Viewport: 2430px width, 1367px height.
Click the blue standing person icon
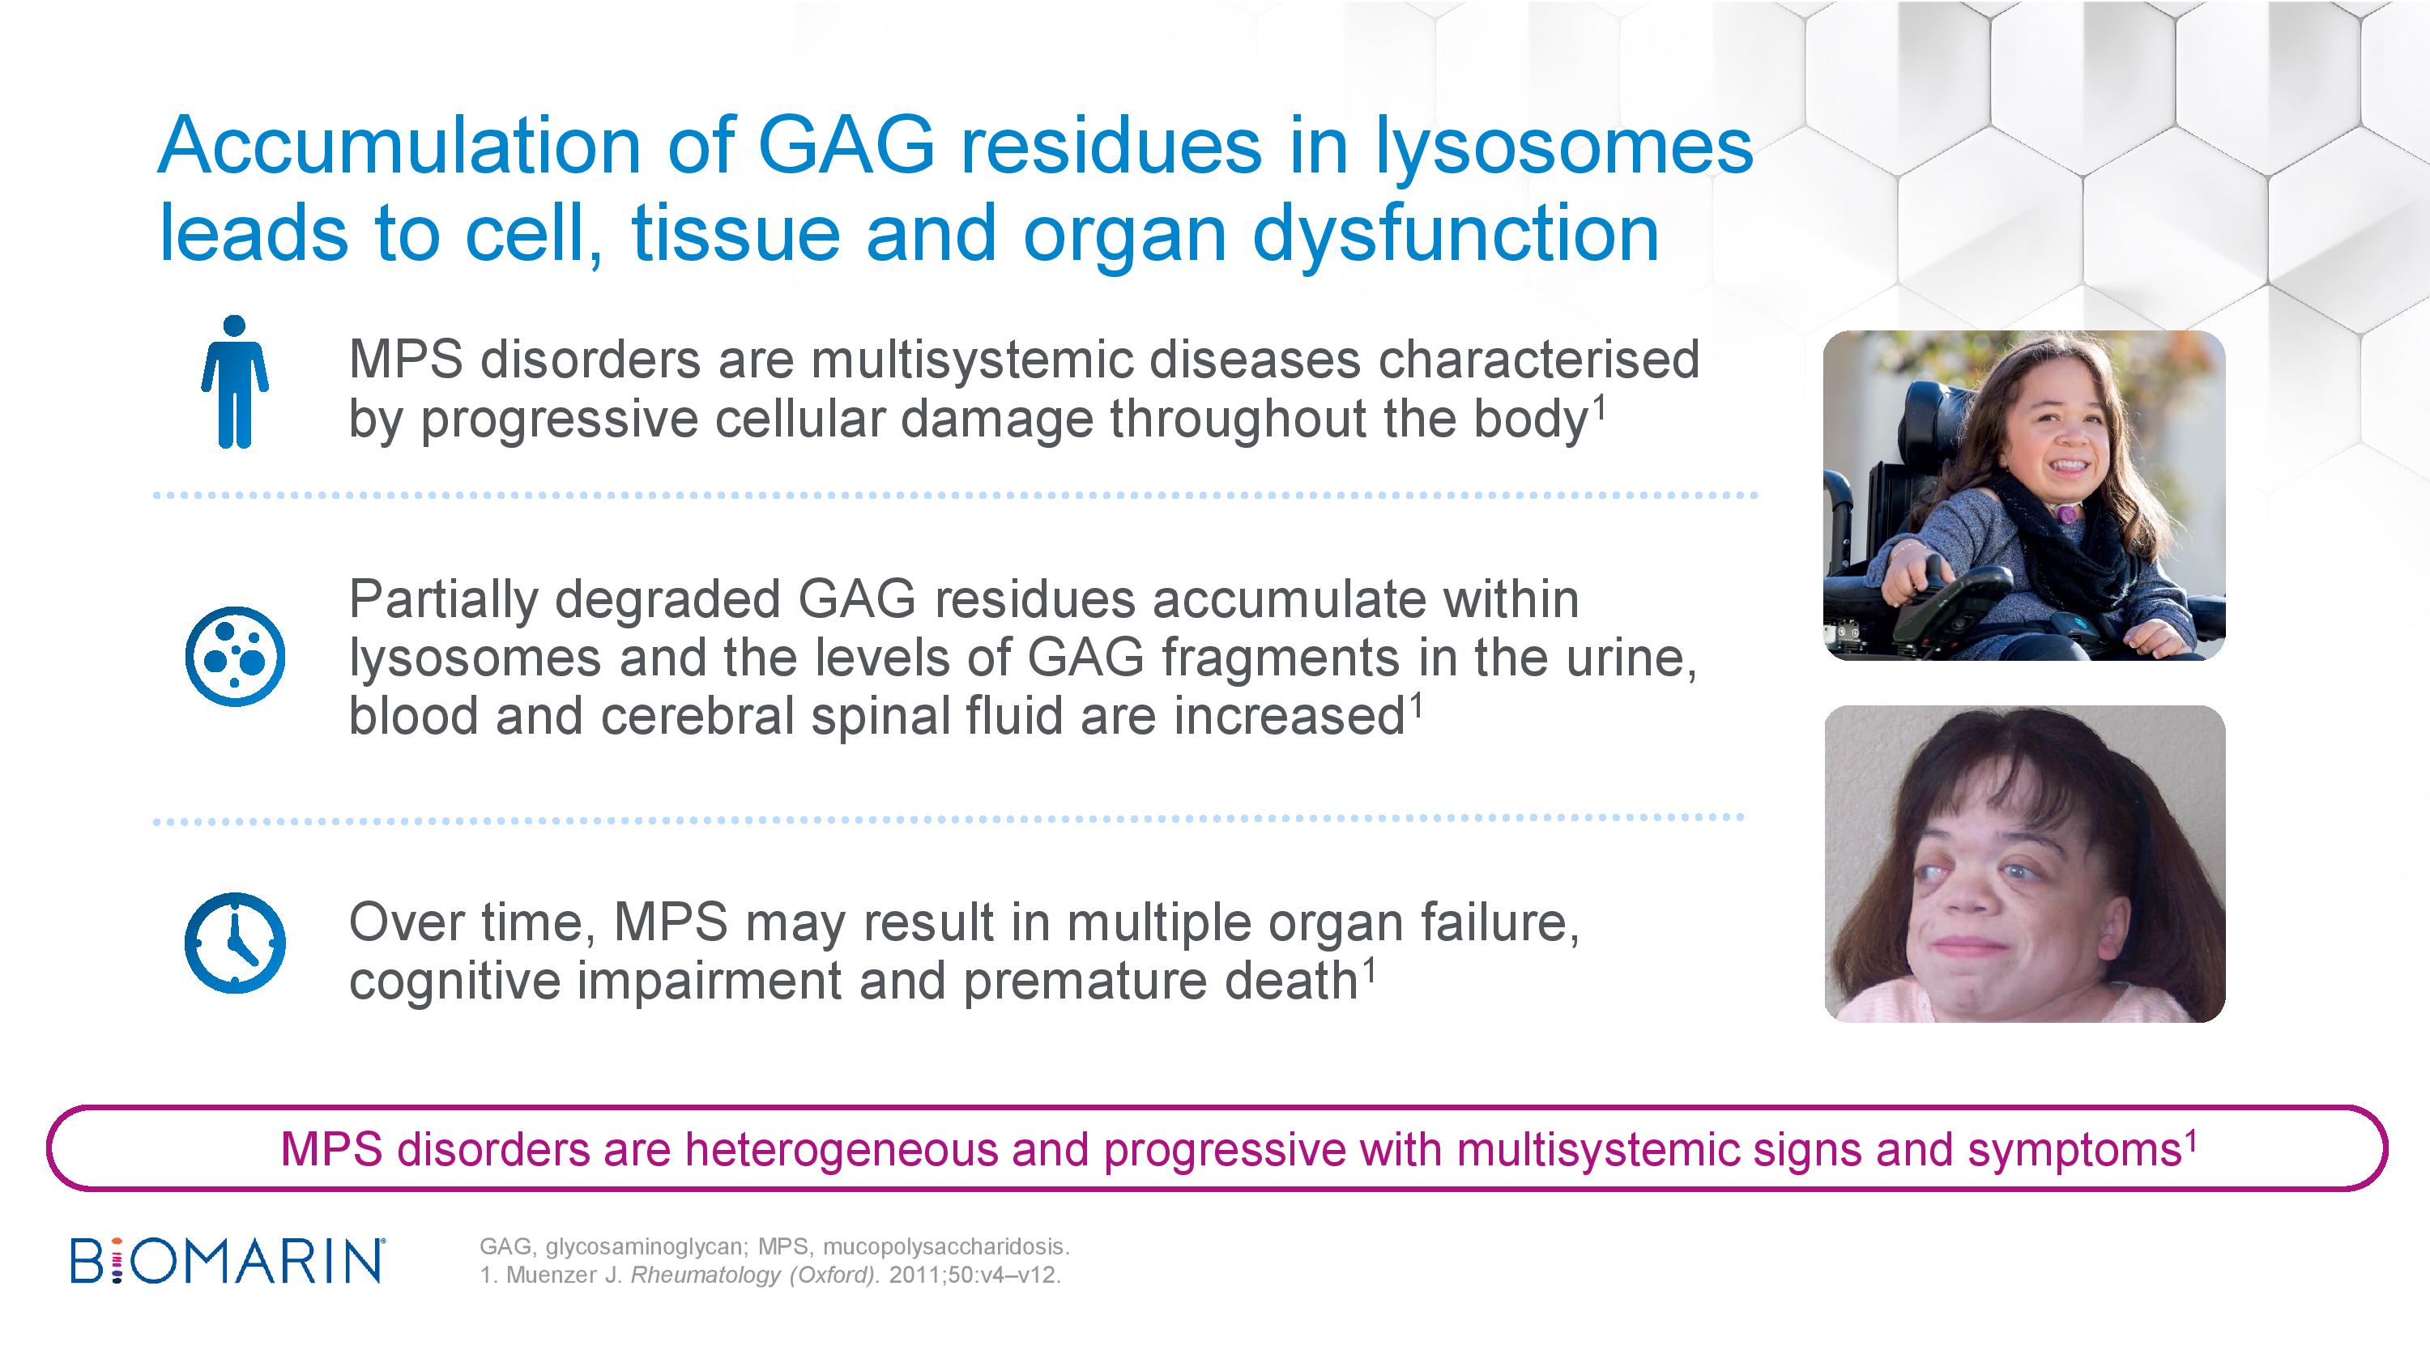click(235, 382)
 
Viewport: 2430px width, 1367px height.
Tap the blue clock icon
click(235, 943)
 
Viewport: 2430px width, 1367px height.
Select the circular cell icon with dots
click(235, 656)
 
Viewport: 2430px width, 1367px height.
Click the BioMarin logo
click(228, 1259)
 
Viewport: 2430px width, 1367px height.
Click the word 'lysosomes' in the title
click(1564, 147)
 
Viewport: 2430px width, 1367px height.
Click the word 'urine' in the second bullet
click(1627, 658)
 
